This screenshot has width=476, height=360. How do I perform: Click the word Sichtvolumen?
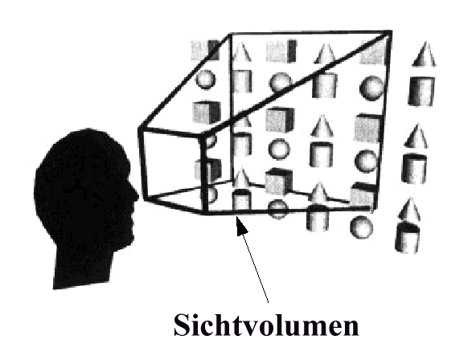(266, 325)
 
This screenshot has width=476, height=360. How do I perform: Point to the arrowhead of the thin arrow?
(242, 224)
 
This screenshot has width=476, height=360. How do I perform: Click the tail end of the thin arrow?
(269, 302)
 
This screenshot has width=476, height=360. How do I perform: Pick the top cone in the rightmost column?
(424, 54)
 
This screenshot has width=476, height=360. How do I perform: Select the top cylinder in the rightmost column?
(421, 91)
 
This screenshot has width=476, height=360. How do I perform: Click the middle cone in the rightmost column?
(416, 136)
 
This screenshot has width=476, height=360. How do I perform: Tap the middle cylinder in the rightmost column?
(414, 169)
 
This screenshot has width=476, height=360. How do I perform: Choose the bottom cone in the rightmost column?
(409, 209)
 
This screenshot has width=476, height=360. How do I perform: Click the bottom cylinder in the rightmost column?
(407, 238)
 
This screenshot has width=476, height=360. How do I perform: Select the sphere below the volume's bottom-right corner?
(361, 227)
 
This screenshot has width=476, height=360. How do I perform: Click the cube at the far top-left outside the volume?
(206, 50)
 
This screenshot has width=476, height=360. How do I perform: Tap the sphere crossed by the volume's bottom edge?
(277, 209)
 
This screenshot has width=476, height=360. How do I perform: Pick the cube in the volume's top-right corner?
(373, 52)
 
